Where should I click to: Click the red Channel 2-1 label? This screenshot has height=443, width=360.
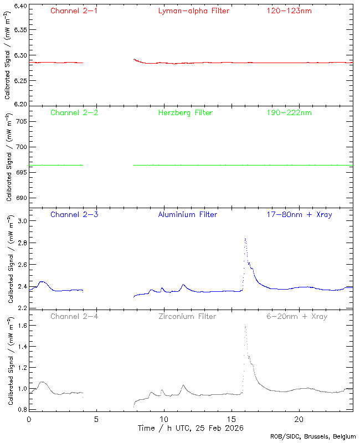tap(74, 11)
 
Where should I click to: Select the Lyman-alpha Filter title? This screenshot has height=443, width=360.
tap(193, 11)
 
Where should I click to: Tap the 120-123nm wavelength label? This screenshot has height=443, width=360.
tap(289, 11)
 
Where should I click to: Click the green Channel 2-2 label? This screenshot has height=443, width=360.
tap(74, 112)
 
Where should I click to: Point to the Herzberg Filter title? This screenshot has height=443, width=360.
tap(185, 112)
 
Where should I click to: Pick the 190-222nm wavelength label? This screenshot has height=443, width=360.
tap(289, 112)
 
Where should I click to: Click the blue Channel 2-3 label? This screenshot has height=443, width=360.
tap(74, 214)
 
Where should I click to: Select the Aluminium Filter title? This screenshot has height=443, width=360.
tap(188, 214)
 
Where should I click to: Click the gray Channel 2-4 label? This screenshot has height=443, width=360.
tap(74, 316)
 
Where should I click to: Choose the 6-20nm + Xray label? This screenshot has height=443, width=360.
tap(296, 316)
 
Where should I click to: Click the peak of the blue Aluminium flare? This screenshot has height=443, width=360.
tap(245, 239)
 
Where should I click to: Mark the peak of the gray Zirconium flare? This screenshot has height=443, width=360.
tap(245, 326)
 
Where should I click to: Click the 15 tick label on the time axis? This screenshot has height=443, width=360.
tap(231, 419)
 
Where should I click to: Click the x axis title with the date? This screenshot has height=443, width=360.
tap(191, 428)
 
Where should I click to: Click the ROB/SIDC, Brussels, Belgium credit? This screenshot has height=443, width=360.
tap(313, 437)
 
